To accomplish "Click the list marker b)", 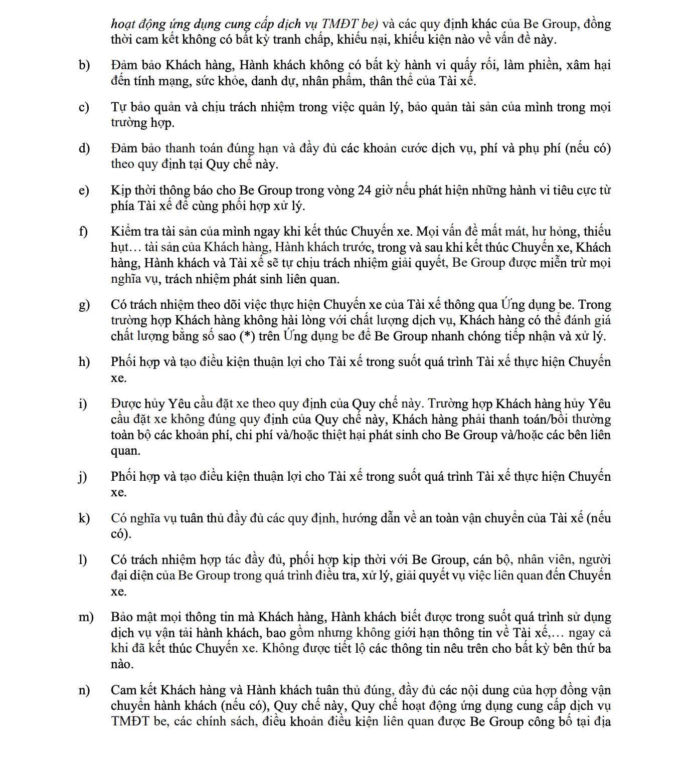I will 84,65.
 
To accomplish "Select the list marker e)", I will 84,190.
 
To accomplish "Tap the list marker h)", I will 84,362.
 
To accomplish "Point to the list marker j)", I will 83,477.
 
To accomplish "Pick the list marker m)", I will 86,617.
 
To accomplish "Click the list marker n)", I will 84,690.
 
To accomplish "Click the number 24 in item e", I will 364,190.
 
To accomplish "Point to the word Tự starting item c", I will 118,107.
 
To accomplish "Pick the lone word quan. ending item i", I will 125,451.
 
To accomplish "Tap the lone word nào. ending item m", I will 122,665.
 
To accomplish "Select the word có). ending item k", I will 121,534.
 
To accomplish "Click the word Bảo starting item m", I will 122,617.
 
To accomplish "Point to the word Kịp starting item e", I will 121,190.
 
